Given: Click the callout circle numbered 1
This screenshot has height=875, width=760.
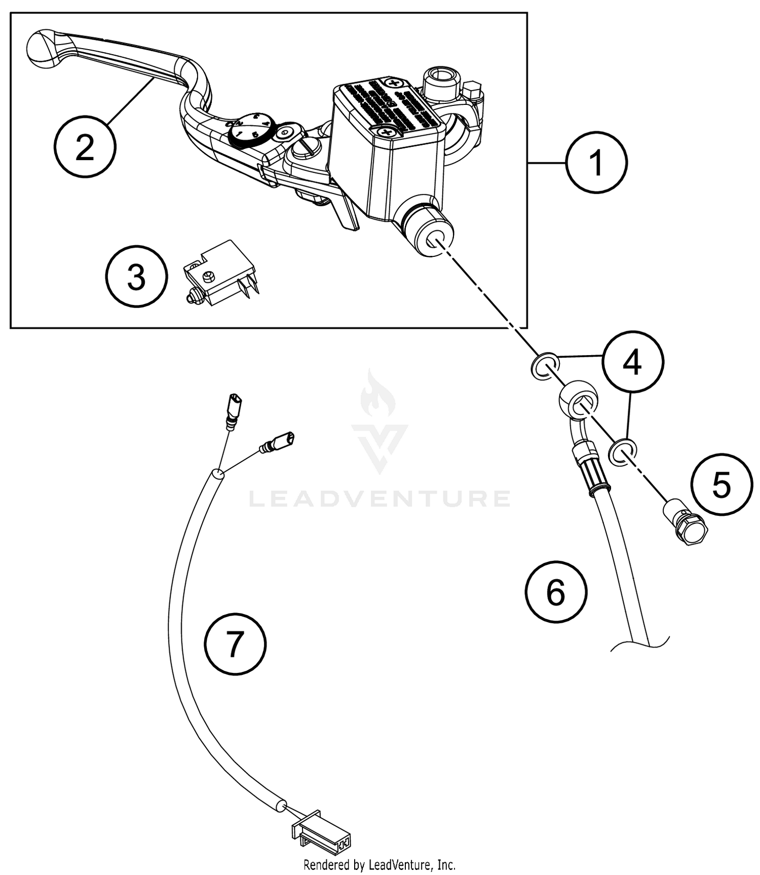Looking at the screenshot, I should [x=596, y=163].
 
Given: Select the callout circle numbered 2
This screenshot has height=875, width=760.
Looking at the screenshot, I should [x=85, y=147].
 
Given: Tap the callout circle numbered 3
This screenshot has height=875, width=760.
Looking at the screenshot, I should [x=136, y=277].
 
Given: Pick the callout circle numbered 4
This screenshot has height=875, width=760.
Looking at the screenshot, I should [x=633, y=362].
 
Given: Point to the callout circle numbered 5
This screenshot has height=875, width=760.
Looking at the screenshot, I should [x=721, y=485].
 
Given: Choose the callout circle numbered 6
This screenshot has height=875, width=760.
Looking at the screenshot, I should [x=556, y=591].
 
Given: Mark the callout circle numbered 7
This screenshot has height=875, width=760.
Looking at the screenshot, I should [x=235, y=644].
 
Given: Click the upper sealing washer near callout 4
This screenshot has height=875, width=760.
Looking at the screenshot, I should [x=545, y=366].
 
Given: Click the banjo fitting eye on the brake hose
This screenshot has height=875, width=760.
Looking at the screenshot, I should [x=578, y=398].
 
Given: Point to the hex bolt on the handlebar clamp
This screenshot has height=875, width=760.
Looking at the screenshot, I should [x=473, y=92].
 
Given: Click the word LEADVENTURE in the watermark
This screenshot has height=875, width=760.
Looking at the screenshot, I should [x=379, y=499].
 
